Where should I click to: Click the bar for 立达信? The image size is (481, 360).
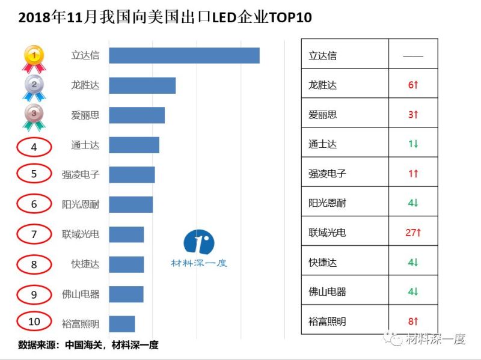184,55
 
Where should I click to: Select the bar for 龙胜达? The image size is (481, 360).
142,85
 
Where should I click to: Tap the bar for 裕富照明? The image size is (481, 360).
122,323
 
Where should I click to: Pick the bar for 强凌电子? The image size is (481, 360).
132,174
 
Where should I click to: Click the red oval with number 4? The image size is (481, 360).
34,145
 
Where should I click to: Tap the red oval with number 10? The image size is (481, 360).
34,322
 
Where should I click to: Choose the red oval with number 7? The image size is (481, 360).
34,234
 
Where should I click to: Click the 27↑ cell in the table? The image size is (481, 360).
412,233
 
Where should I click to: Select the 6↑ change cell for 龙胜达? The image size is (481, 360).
412,85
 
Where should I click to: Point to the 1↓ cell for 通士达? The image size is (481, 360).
412,144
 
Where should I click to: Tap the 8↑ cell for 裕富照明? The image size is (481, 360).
412,321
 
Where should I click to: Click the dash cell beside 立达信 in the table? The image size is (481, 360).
412,55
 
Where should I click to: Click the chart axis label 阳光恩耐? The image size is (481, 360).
81,204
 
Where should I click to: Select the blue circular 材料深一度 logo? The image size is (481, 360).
199,242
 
